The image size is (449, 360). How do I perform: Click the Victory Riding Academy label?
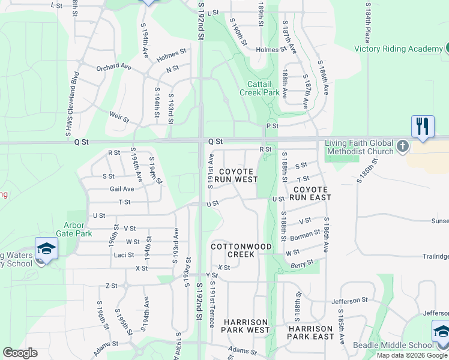click(398, 49)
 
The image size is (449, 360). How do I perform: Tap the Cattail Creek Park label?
click(259, 88)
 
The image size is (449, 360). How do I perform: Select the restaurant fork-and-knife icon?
click(423, 127)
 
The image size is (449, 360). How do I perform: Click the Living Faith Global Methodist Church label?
click(359, 147)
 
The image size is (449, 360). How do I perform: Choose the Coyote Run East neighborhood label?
click(310, 193)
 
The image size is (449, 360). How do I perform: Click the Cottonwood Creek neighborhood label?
click(241, 250)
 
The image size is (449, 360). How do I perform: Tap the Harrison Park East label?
click(310, 332)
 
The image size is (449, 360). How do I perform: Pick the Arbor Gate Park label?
click(74, 229)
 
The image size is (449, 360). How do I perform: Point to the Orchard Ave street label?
click(113, 67)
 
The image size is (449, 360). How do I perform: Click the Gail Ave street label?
click(122, 188)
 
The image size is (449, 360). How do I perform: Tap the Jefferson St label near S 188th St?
click(348, 300)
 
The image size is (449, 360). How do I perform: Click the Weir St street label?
click(119, 116)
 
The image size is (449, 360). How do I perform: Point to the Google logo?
click(20, 353)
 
